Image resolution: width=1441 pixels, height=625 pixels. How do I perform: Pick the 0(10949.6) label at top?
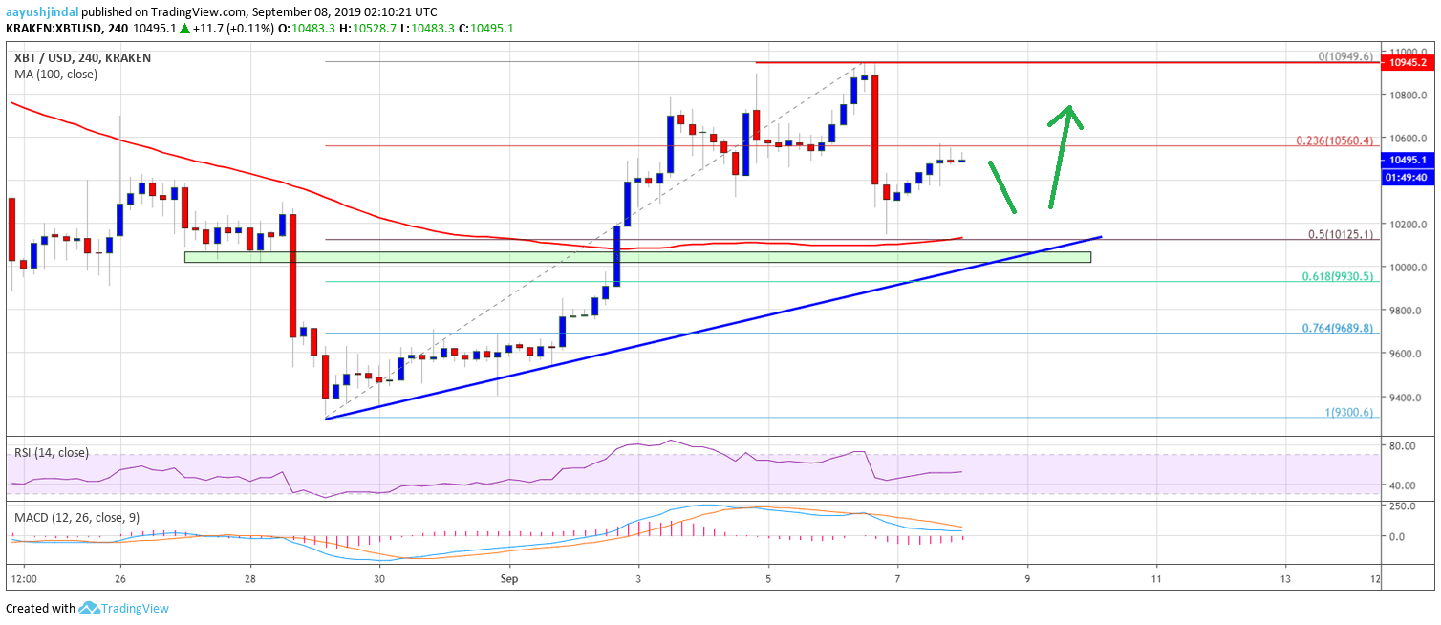(x=1345, y=57)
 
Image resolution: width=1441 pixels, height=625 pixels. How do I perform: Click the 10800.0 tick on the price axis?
(x=1407, y=96)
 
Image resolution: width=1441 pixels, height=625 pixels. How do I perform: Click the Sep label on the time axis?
(x=509, y=579)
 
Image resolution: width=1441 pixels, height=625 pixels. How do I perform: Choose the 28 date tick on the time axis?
(x=250, y=579)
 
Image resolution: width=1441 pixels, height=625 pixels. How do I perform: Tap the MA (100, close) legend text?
(x=55, y=74)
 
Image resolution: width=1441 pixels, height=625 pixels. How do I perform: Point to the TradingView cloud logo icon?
(x=90, y=608)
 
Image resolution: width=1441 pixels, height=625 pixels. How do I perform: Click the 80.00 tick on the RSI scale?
(x=1404, y=446)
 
